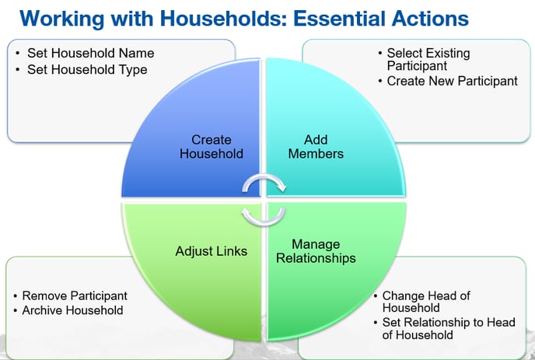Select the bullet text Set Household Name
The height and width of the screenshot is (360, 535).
coord(90,53)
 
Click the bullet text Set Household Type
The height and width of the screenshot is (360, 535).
coord(87,70)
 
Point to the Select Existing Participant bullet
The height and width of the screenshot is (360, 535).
coord(428,59)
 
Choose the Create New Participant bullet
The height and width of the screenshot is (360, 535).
coord(452,81)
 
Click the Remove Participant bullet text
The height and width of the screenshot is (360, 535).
coord(75,295)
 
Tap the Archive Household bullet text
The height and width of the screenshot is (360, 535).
coord(72,310)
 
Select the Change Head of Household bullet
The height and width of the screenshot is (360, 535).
coord(426,302)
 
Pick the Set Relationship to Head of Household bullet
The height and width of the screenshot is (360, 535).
coord(449,329)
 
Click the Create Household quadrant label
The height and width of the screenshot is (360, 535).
coord(212,147)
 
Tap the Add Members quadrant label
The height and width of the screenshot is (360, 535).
coord(316,147)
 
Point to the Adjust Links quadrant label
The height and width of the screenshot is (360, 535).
coord(212,251)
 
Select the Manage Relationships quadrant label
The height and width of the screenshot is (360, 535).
coord(316,251)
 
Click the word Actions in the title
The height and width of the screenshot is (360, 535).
coord(430,19)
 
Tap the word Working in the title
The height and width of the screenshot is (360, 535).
coord(61,19)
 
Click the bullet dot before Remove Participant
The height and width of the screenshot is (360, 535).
coord(16,295)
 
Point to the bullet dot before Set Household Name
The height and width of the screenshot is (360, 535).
coord(17,53)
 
